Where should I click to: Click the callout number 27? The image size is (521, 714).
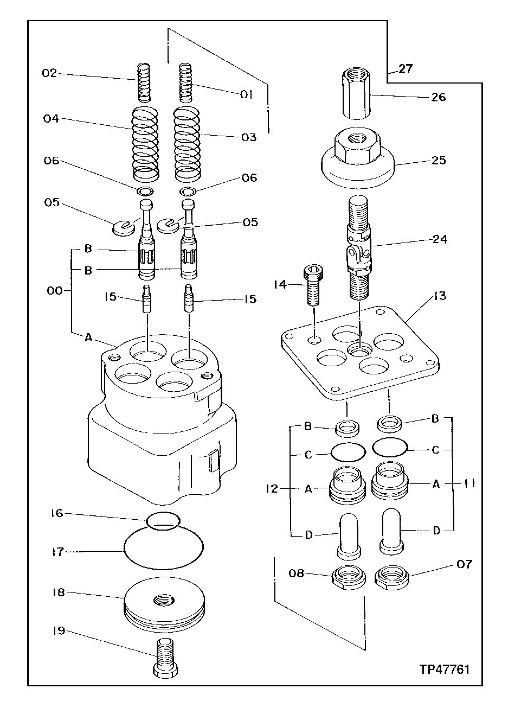click(406, 69)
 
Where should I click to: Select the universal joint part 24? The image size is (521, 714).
click(359, 250)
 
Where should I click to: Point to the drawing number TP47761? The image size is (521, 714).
click(444, 669)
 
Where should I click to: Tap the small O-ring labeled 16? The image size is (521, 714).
click(163, 519)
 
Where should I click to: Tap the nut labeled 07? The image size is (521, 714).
click(391, 577)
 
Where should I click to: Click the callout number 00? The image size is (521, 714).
click(55, 291)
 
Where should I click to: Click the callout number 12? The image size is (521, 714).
click(272, 489)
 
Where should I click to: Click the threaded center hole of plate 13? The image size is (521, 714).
click(360, 350)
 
